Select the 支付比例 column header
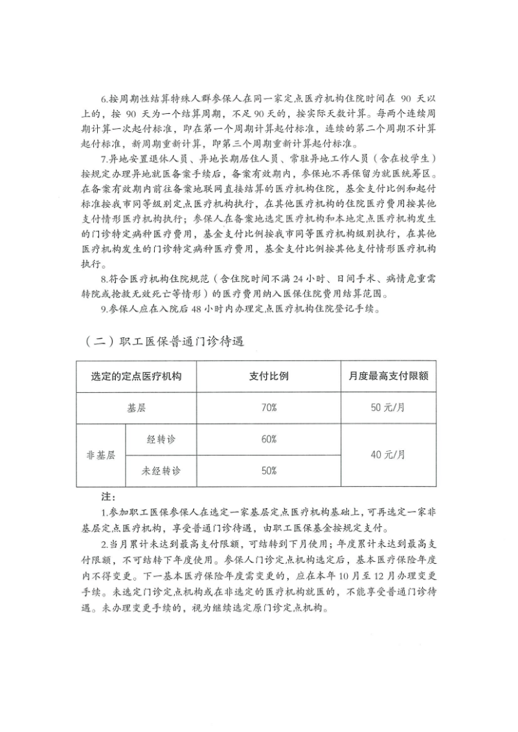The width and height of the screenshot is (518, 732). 269,376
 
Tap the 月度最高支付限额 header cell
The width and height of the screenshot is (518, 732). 388,376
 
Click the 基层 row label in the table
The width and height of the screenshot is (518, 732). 136,408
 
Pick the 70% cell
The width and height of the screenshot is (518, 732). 269,408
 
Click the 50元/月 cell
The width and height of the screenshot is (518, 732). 388,408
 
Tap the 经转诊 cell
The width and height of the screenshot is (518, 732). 161,439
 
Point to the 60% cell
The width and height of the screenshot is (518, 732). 269,439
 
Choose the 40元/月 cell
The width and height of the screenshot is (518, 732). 388,455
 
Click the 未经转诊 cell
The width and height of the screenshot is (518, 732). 161,471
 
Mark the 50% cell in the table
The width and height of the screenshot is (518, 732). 269,471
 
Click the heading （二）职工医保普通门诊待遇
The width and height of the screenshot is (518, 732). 164,341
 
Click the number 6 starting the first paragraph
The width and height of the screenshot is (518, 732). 104,100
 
